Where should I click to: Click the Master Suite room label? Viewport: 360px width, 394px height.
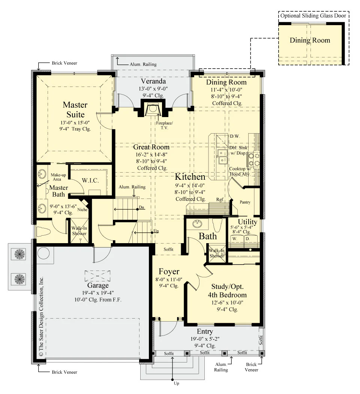(x=75, y=110)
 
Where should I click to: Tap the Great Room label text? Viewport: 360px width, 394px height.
(x=151, y=147)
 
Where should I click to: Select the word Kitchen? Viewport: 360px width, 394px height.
(x=190, y=177)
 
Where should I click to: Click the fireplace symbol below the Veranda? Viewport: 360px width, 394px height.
(x=152, y=109)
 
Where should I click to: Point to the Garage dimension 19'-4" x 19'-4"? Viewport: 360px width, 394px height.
(x=97, y=293)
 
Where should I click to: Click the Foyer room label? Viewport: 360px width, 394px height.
(x=169, y=271)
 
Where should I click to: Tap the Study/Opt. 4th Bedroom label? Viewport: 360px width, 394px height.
(x=227, y=291)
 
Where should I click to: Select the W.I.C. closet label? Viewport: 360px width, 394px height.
(x=90, y=180)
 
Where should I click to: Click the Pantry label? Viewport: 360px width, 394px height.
(x=245, y=202)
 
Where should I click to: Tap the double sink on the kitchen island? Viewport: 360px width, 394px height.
(x=222, y=156)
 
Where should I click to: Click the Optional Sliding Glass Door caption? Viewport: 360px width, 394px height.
(x=313, y=16)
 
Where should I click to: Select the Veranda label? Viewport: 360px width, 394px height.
(x=153, y=81)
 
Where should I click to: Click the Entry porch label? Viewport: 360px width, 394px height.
(x=205, y=331)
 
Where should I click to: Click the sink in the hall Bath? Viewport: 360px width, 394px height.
(x=197, y=224)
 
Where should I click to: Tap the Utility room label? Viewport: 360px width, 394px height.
(x=247, y=222)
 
